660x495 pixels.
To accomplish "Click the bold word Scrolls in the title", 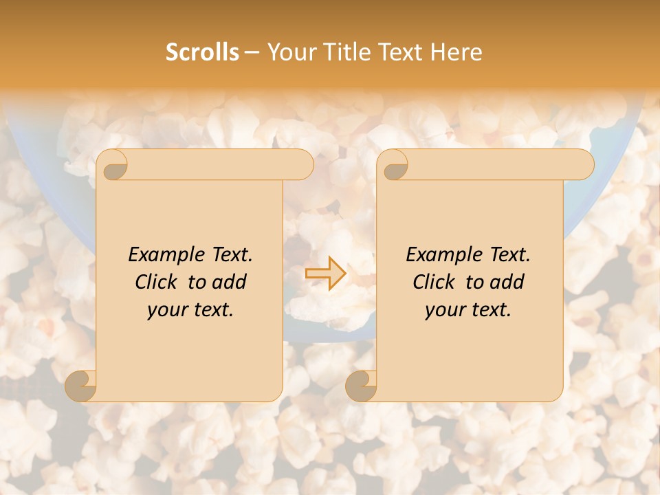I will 203,52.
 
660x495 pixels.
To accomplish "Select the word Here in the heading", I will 456,52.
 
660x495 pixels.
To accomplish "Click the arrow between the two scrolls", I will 326,273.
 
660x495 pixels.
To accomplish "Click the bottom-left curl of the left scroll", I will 81,386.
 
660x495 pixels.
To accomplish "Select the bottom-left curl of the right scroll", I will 362,386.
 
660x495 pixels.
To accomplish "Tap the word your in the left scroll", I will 166,310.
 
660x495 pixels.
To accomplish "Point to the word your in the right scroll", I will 443,310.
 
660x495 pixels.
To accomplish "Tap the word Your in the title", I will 288,52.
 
